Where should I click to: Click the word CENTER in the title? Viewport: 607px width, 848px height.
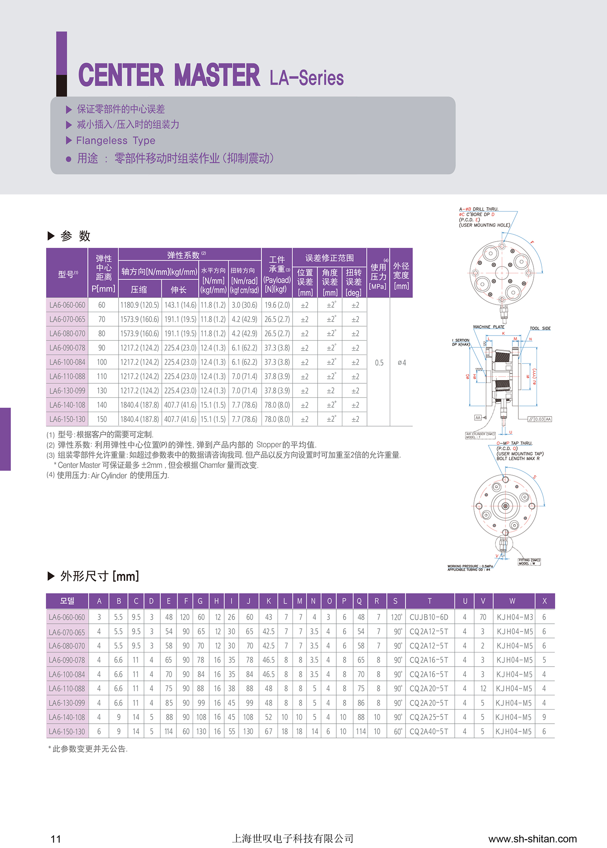coord(121,75)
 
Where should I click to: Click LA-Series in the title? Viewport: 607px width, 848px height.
coord(307,78)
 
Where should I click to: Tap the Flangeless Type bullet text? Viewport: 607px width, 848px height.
coord(116,140)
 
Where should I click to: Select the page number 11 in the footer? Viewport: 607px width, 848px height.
coord(56,839)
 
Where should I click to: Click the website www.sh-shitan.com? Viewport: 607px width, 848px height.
coord(533,839)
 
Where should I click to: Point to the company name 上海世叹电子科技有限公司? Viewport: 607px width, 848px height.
coord(293,838)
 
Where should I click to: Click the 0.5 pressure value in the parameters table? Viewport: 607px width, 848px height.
coord(379,363)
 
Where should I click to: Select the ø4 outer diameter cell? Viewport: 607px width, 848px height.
coord(401,363)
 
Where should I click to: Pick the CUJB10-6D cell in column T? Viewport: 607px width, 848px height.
coord(429,617)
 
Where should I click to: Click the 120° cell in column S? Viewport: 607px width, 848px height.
coord(396,617)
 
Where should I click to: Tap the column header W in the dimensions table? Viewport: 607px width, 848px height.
coord(512,601)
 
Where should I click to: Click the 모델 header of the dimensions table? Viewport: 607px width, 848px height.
coord(67,601)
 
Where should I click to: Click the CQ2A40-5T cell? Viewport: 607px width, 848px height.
coord(429,731)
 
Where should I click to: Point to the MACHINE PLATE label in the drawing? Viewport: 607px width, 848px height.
coord(489,327)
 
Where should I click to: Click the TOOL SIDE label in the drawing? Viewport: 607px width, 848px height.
coord(540,328)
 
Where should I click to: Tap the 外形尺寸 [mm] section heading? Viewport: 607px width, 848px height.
coord(100,576)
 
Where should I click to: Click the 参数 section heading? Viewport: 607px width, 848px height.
coord(75,236)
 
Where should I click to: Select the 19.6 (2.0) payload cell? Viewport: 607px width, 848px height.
coord(277,305)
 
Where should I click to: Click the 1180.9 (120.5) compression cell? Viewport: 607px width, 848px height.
coord(140,305)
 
